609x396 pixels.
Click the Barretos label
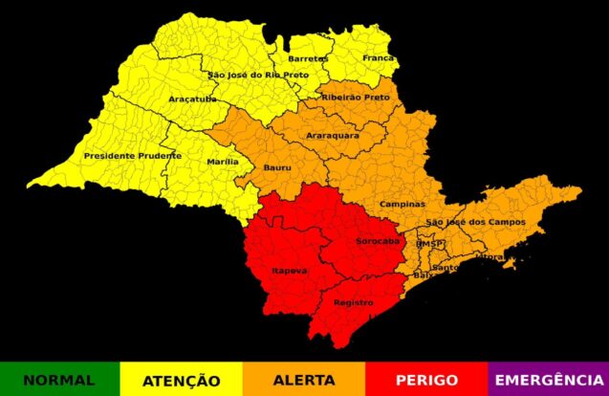308,58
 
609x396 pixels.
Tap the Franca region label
378,57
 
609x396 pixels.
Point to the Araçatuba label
192,99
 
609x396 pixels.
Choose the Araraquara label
333,136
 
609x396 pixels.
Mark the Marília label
223,162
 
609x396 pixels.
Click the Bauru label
277,169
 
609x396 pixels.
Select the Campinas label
402,204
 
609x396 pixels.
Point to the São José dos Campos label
475,222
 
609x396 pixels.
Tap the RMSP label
430,245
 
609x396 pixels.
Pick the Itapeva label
290,271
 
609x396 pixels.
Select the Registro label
353,302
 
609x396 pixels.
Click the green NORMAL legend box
59,379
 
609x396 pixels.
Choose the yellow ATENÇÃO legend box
182,379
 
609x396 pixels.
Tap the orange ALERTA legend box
304,379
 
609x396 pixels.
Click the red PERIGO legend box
425,379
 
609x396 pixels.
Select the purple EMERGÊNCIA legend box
548,379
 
